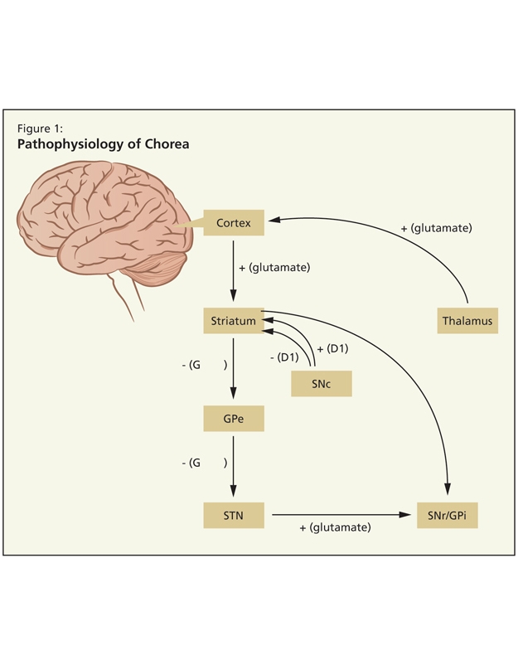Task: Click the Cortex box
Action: click(x=233, y=222)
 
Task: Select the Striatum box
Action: click(x=233, y=320)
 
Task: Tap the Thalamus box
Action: click(x=467, y=320)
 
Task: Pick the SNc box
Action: click(x=322, y=383)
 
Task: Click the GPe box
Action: click(x=233, y=418)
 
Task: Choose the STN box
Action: click(x=233, y=515)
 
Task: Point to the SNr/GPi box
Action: click(x=448, y=515)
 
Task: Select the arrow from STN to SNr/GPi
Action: click(x=340, y=515)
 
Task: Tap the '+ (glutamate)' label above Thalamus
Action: click(x=436, y=226)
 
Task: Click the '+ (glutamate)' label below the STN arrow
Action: click(x=335, y=527)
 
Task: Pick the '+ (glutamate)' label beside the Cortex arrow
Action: click(x=274, y=267)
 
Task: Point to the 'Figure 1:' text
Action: click(x=41, y=128)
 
